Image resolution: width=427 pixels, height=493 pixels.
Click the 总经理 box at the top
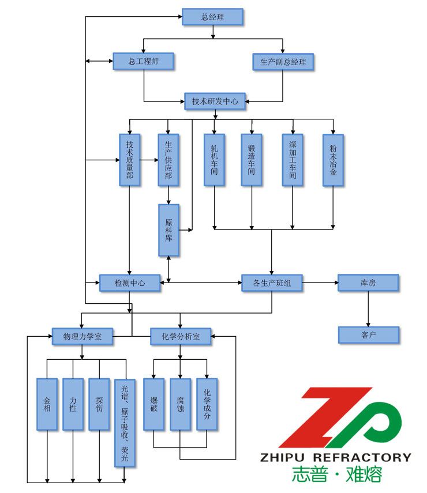pyautogui.click(x=212, y=17)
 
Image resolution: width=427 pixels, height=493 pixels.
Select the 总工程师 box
pyautogui.click(x=143, y=61)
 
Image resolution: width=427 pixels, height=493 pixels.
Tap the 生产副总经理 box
pyautogui.click(x=283, y=62)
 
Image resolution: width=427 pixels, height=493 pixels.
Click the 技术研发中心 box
pyautogui.click(x=215, y=101)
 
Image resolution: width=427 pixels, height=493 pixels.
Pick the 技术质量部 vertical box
pyautogui.click(x=129, y=160)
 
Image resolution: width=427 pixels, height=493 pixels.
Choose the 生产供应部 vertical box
pyautogui.click(x=168, y=160)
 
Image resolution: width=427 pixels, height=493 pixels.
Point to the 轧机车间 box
pyautogui.click(x=214, y=160)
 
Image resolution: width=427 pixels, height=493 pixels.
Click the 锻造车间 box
pyautogui.click(x=252, y=160)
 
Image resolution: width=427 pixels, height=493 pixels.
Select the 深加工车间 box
pyautogui.click(x=293, y=160)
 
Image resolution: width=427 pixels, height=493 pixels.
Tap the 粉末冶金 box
pyautogui.click(x=333, y=160)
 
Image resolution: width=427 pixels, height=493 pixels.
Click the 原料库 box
pyautogui.click(x=168, y=230)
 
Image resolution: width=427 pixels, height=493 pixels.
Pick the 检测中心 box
pyautogui.click(x=129, y=283)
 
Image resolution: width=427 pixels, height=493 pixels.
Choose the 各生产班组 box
pyautogui.click(x=271, y=283)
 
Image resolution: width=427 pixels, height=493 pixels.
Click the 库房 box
pyautogui.click(x=368, y=283)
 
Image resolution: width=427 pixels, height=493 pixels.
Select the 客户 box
pyautogui.click(x=368, y=334)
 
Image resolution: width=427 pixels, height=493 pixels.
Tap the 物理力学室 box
pyautogui.click(x=82, y=337)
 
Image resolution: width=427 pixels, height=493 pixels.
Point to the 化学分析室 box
pyautogui.click(x=180, y=337)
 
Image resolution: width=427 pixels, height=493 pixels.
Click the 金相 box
pyautogui.click(x=47, y=404)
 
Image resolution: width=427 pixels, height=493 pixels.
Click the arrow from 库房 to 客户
pyautogui.click(x=368, y=308)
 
